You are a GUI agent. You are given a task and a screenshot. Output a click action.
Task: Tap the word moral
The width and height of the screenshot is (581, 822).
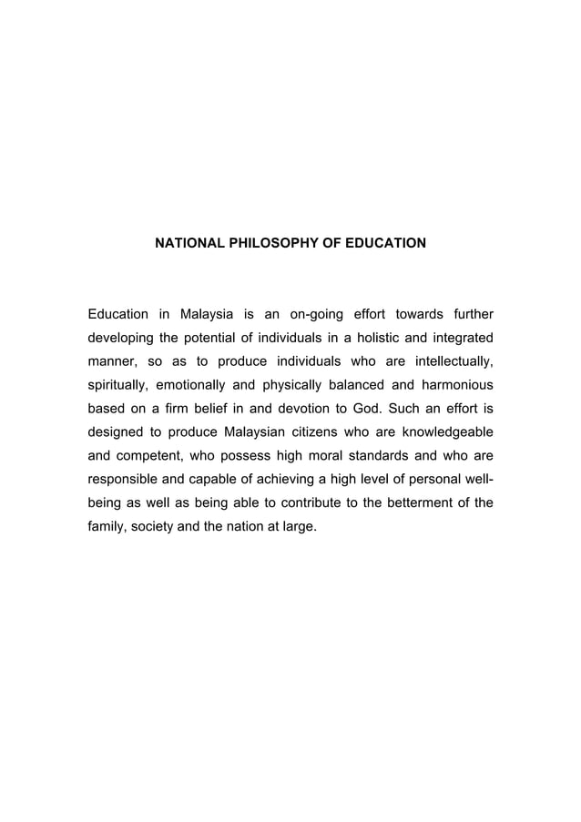[x=320, y=457]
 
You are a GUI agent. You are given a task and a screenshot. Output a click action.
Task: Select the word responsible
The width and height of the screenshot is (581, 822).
[x=124, y=481]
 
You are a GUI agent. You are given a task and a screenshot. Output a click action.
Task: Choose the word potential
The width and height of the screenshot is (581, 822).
[x=212, y=339]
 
